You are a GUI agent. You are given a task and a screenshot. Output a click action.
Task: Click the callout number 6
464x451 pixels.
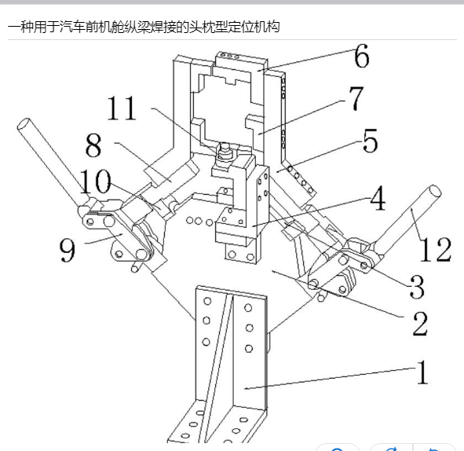[x=362, y=56]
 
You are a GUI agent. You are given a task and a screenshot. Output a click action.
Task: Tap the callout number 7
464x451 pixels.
[x=356, y=98]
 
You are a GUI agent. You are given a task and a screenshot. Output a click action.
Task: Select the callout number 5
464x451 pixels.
[x=371, y=141]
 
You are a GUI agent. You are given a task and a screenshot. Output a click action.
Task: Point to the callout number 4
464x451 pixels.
[x=378, y=198]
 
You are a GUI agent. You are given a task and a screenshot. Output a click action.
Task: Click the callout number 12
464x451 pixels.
[x=435, y=250]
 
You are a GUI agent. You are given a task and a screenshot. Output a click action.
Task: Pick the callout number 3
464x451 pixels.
[x=417, y=286]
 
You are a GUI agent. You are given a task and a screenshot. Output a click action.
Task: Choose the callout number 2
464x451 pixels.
[x=420, y=324]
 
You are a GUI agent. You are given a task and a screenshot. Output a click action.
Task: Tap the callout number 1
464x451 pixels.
[x=422, y=372]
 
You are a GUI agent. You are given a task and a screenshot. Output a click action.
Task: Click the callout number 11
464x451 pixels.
[x=122, y=108]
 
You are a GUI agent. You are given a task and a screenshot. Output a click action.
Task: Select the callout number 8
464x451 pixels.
[x=93, y=145]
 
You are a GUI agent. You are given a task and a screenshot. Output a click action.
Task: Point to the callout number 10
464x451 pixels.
[x=95, y=181]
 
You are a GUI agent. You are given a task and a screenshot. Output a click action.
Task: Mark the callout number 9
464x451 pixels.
[x=68, y=250]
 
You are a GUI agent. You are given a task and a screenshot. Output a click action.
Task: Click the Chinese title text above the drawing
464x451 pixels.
[x=144, y=27]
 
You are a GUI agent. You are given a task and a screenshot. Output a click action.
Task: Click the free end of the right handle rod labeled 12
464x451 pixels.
[x=435, y=191]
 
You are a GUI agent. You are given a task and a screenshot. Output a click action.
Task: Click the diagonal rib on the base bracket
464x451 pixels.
[x=215, y=367]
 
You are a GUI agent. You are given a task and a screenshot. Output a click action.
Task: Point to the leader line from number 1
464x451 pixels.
[x=331, y=378]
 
